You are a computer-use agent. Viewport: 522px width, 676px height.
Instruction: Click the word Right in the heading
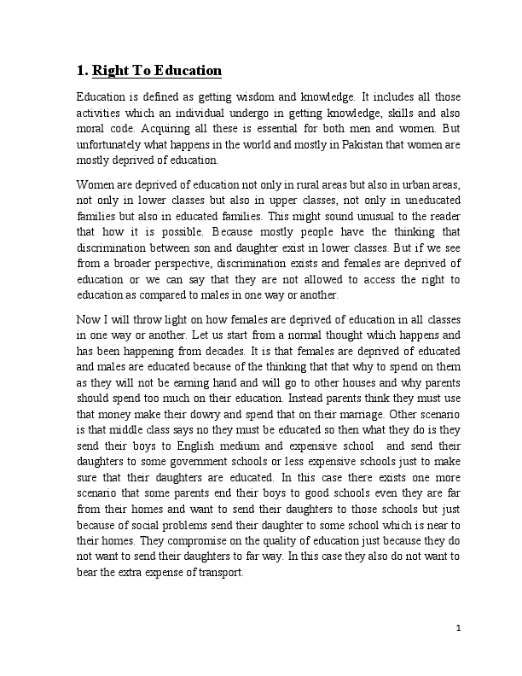tap(111, 70)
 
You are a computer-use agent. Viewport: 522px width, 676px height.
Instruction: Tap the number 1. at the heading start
tap(82, 70)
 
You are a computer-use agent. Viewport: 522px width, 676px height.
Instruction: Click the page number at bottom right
tap(458, 629)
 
